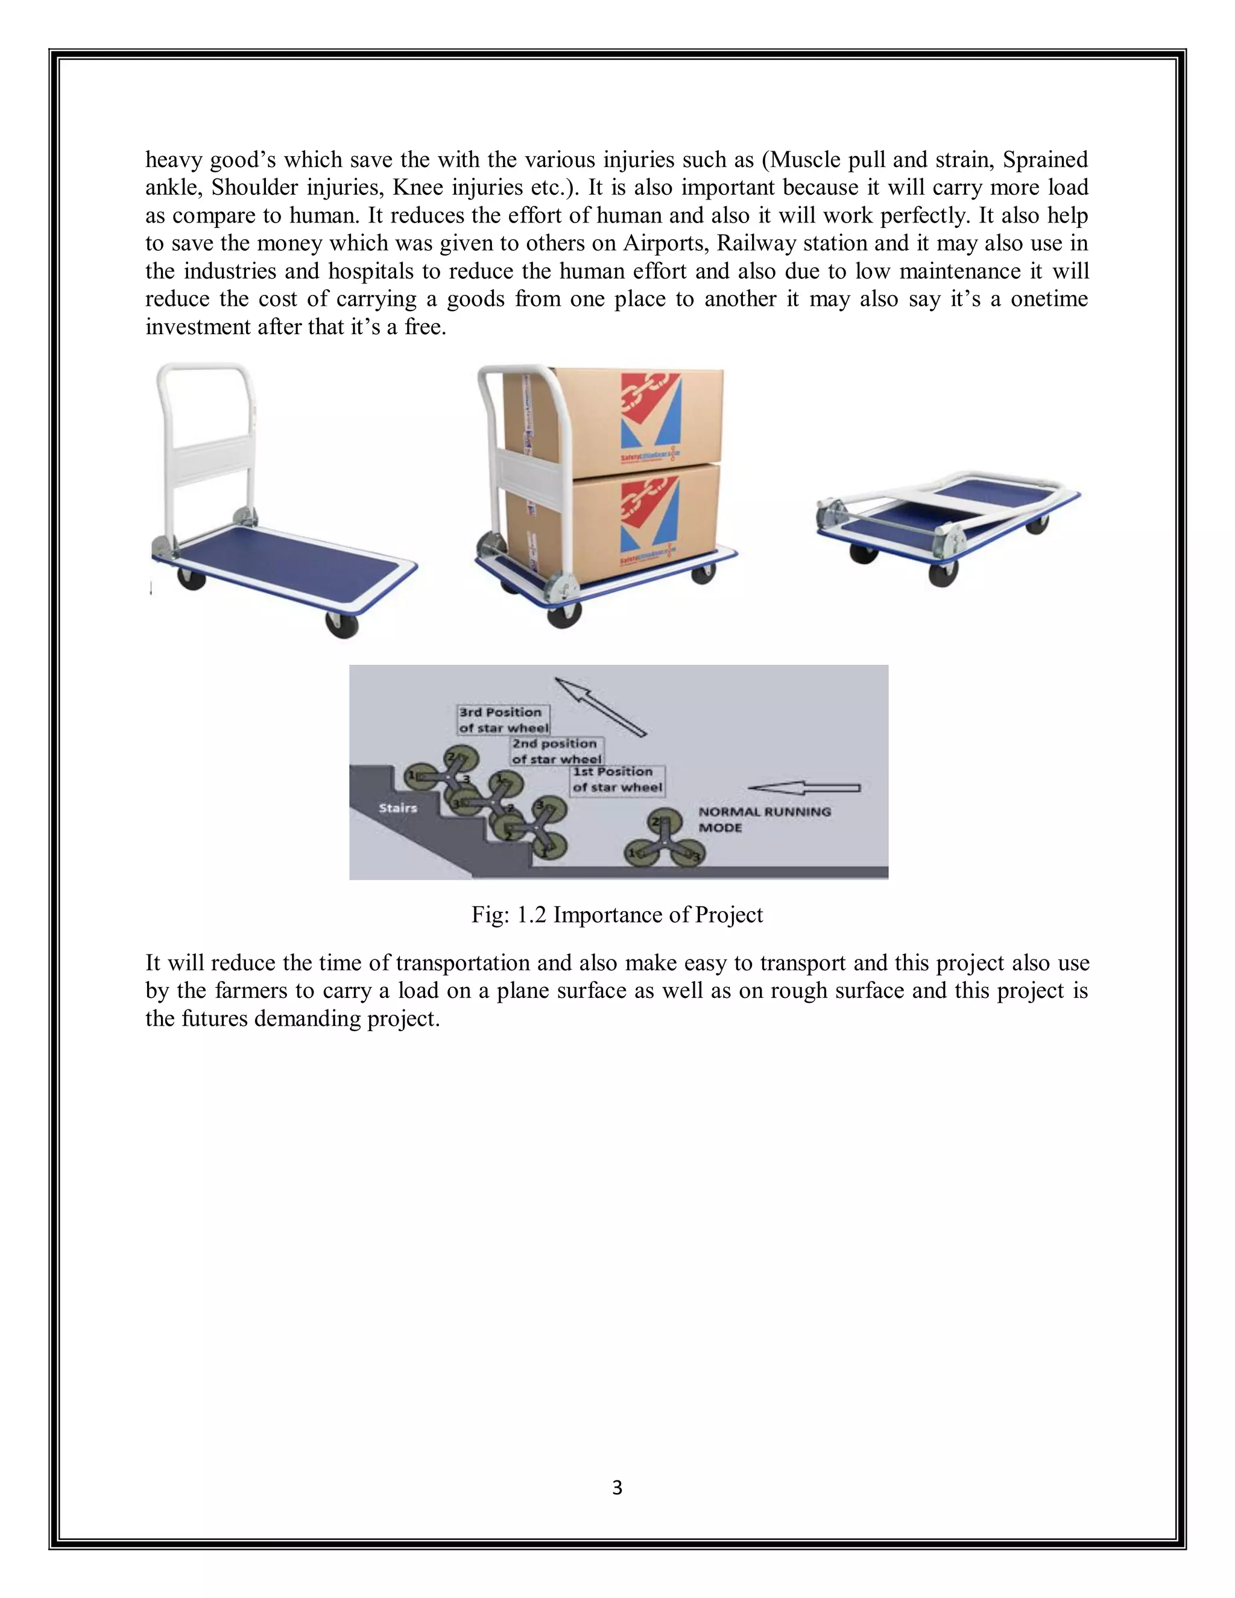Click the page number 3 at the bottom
point(617,1488)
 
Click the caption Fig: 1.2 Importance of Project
point(617,915)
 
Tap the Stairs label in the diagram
point(398,808)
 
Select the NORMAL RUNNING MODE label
point(764,820)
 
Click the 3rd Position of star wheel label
point(503,720)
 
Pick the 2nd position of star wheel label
point(557,751)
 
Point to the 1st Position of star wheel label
point(617,780)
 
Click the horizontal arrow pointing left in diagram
point(805,788)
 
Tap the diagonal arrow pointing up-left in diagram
point(600,706)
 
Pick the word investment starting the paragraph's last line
point(198,326)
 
